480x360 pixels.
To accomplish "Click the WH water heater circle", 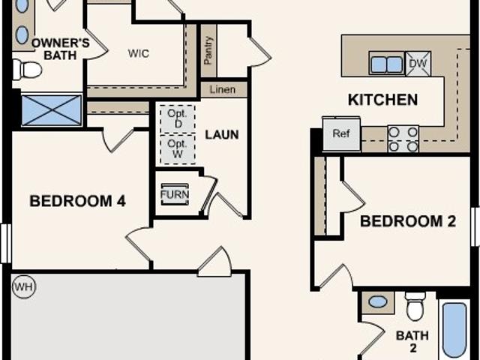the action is tap(24, 286).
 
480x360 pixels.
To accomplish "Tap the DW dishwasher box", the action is tap(418, 64).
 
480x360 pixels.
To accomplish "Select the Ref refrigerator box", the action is tap(341, 133).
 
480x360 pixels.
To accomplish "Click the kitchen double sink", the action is tap(387, 64).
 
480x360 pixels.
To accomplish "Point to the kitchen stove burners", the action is tap(403, 139).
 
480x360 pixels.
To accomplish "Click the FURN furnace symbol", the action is tap(175, 194).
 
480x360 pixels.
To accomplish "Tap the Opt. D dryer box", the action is tap(178, 119).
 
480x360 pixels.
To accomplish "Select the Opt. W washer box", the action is tap(178, 149).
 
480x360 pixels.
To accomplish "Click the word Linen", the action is tap(223, 90).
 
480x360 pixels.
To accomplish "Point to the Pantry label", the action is tap(208, 50).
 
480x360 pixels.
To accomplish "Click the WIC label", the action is tap(139, 53).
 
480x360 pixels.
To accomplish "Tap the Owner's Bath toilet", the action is tap(27, 70).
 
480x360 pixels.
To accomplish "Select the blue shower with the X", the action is tap(52, 110).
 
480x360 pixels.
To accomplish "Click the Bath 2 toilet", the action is tap(415, 305).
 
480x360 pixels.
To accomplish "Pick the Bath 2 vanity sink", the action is tap(378, 301).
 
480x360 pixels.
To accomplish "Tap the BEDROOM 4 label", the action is tap(77, 201).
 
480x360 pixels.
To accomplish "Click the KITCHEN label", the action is tap(383, 100).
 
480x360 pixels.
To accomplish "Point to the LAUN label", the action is tap(222, 135).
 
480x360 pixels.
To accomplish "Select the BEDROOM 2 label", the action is tap(408, 221).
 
